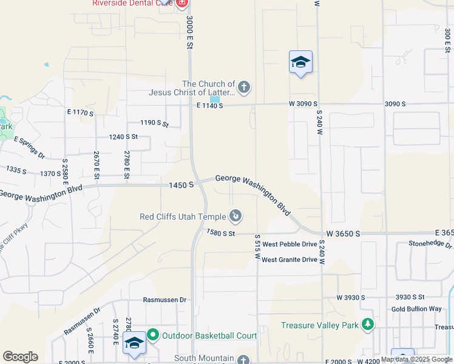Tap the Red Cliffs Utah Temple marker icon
tap(235, 216)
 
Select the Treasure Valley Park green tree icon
tap(367, 325)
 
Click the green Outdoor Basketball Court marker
tap(152, 335)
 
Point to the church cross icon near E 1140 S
tap(243, 88)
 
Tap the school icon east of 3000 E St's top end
tap(300, 62)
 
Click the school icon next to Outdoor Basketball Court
tap(134, 343)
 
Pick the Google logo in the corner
tap(20, 357)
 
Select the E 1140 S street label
tap(209, 106)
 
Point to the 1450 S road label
tap(181, 184)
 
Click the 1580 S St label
tap(220, 232)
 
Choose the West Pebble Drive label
tap(290, 244)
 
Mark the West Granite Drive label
tap(290, 260)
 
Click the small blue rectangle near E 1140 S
tap(215, 99)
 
